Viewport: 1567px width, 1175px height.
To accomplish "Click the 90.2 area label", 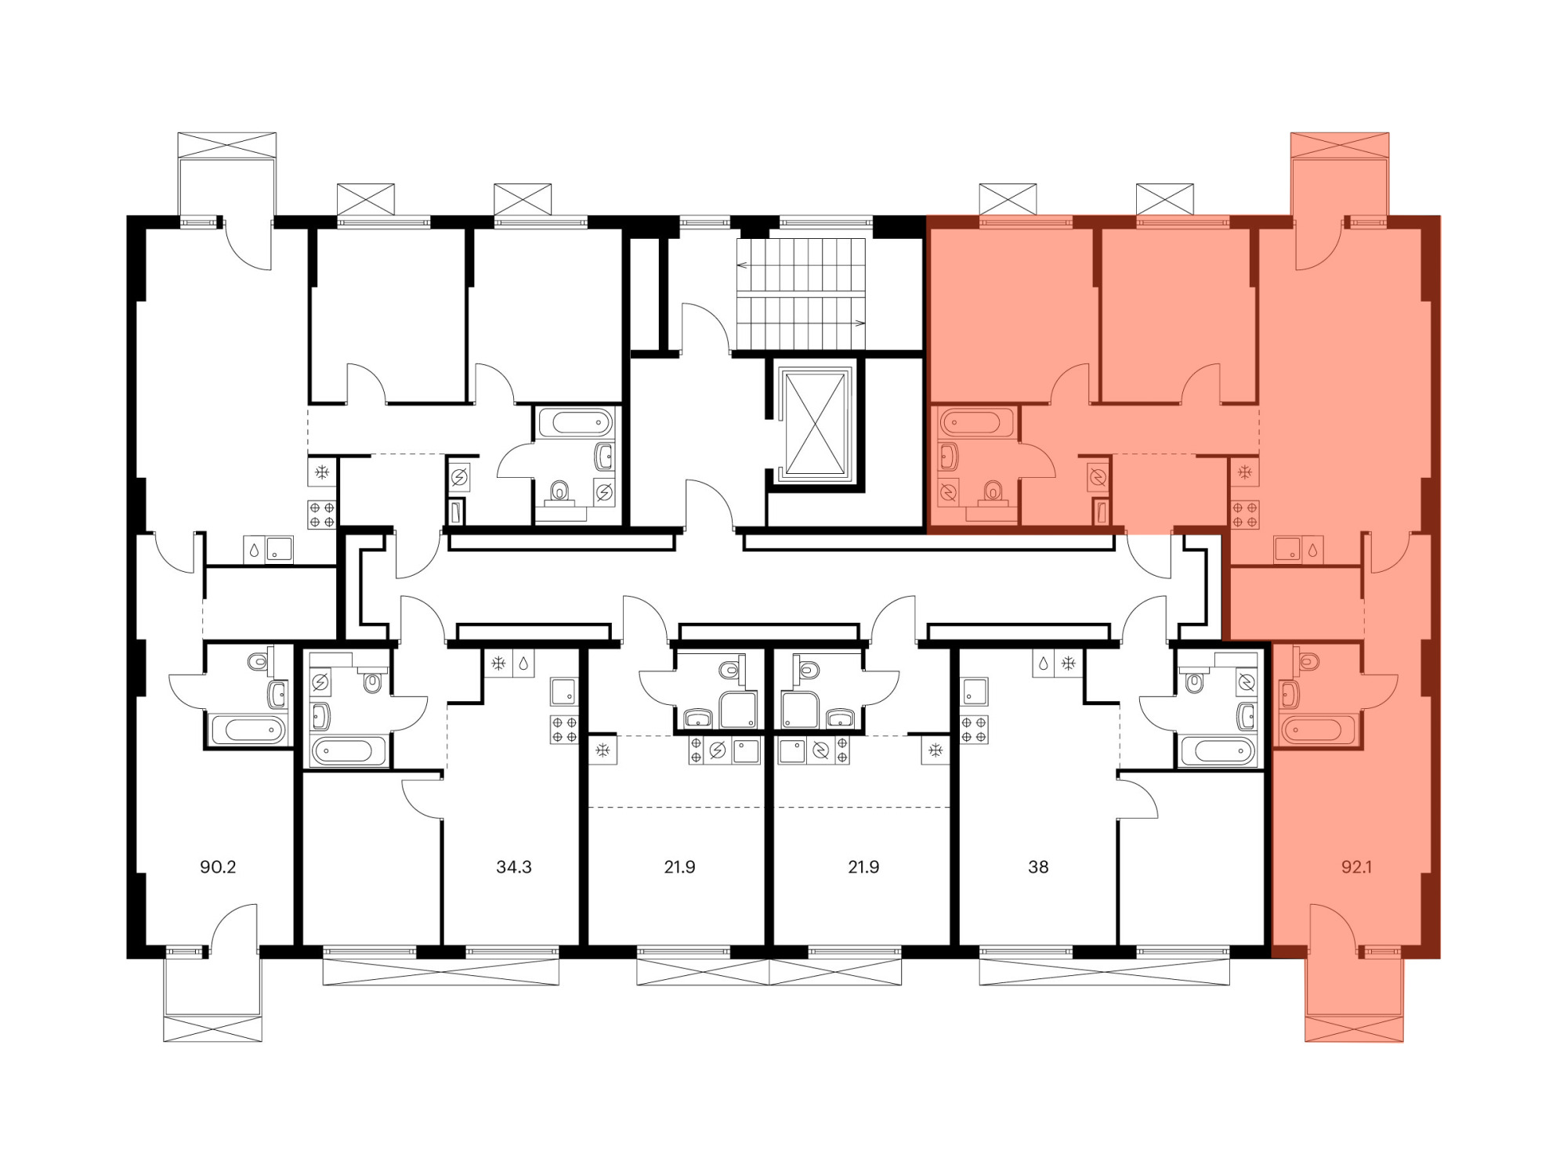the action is coord(218,867).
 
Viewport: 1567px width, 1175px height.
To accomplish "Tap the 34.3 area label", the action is coord(514,867).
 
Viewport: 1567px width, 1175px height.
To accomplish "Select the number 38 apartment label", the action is coord(1038,867).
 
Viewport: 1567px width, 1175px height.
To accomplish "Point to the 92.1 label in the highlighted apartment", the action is coord(1356,867).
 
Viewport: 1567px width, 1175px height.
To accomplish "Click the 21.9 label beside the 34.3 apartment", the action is coord(679,867).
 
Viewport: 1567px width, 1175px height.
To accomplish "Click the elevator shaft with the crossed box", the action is coord(815,424).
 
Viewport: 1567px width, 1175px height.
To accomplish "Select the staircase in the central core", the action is coord(801,294).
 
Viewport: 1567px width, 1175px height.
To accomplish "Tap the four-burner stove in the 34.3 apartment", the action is coord(564,729).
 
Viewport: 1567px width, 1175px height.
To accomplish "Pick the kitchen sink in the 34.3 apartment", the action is coord(563,692).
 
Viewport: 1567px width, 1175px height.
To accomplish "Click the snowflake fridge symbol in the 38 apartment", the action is coord(1067,663).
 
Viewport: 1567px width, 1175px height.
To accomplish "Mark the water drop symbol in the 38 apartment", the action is coord(1043,663).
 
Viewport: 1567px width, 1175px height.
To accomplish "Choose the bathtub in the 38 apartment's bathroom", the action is coord(1218,751).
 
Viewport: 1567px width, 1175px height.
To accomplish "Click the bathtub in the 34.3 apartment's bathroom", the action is coord(349,750).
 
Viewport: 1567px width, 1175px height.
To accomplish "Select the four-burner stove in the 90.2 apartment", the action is coord(322,515).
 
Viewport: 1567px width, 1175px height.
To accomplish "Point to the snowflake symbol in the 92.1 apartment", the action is coord(1244,472).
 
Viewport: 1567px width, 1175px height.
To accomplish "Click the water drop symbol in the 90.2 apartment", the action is coord(254,549).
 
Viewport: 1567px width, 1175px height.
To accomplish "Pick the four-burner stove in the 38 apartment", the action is coord(974,729).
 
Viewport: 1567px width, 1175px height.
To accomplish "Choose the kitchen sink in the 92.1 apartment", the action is coord(1287,549).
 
